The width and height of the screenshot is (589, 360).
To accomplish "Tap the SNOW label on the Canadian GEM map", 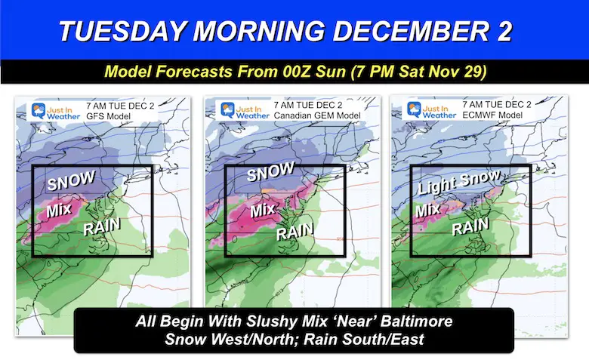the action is point(271,174).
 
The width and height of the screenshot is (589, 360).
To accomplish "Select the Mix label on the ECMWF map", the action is point(428,210).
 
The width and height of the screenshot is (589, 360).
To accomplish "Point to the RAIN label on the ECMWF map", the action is point(470,226).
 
